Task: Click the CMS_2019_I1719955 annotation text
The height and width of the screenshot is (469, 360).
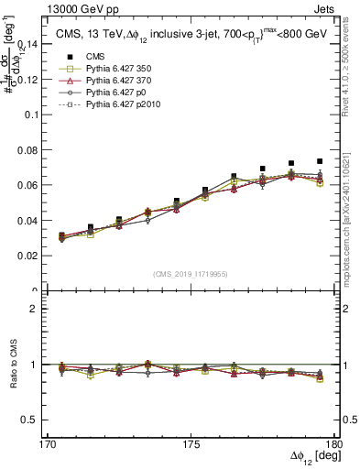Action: pos(191,273)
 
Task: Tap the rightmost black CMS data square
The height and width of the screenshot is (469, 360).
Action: pos(320,161)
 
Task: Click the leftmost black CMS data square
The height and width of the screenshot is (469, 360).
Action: pos(61,235)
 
